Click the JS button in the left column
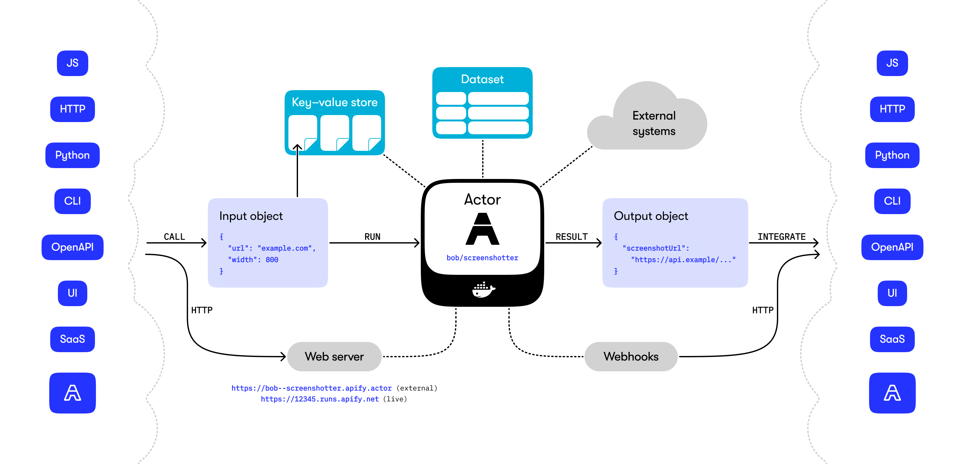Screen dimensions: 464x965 [x=72, y=63]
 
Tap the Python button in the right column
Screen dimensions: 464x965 [x=892, y=155]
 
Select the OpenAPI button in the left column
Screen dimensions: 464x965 [x=72, y=247]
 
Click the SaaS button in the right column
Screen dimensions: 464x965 [x=892, y=339]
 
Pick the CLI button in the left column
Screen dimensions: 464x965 [x=72, y=201]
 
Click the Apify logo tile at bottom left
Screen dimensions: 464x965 [x=72, y=393]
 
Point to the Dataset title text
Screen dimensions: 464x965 [x=482, y=79]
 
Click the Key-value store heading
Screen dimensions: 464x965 [x=334, y=102]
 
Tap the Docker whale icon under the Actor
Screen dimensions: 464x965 [x=483, y=290]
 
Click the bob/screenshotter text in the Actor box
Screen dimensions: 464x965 [x=482, y=258]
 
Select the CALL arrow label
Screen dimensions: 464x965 [x=174, y=237]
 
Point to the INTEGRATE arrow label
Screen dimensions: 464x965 [x=781, y=237]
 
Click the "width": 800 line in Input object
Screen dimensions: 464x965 [x=253, y=259]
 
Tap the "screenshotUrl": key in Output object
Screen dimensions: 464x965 [x=655, y=248]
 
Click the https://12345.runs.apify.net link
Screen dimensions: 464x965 [x=319, y=399]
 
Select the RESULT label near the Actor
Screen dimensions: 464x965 [x=571, y=237]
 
